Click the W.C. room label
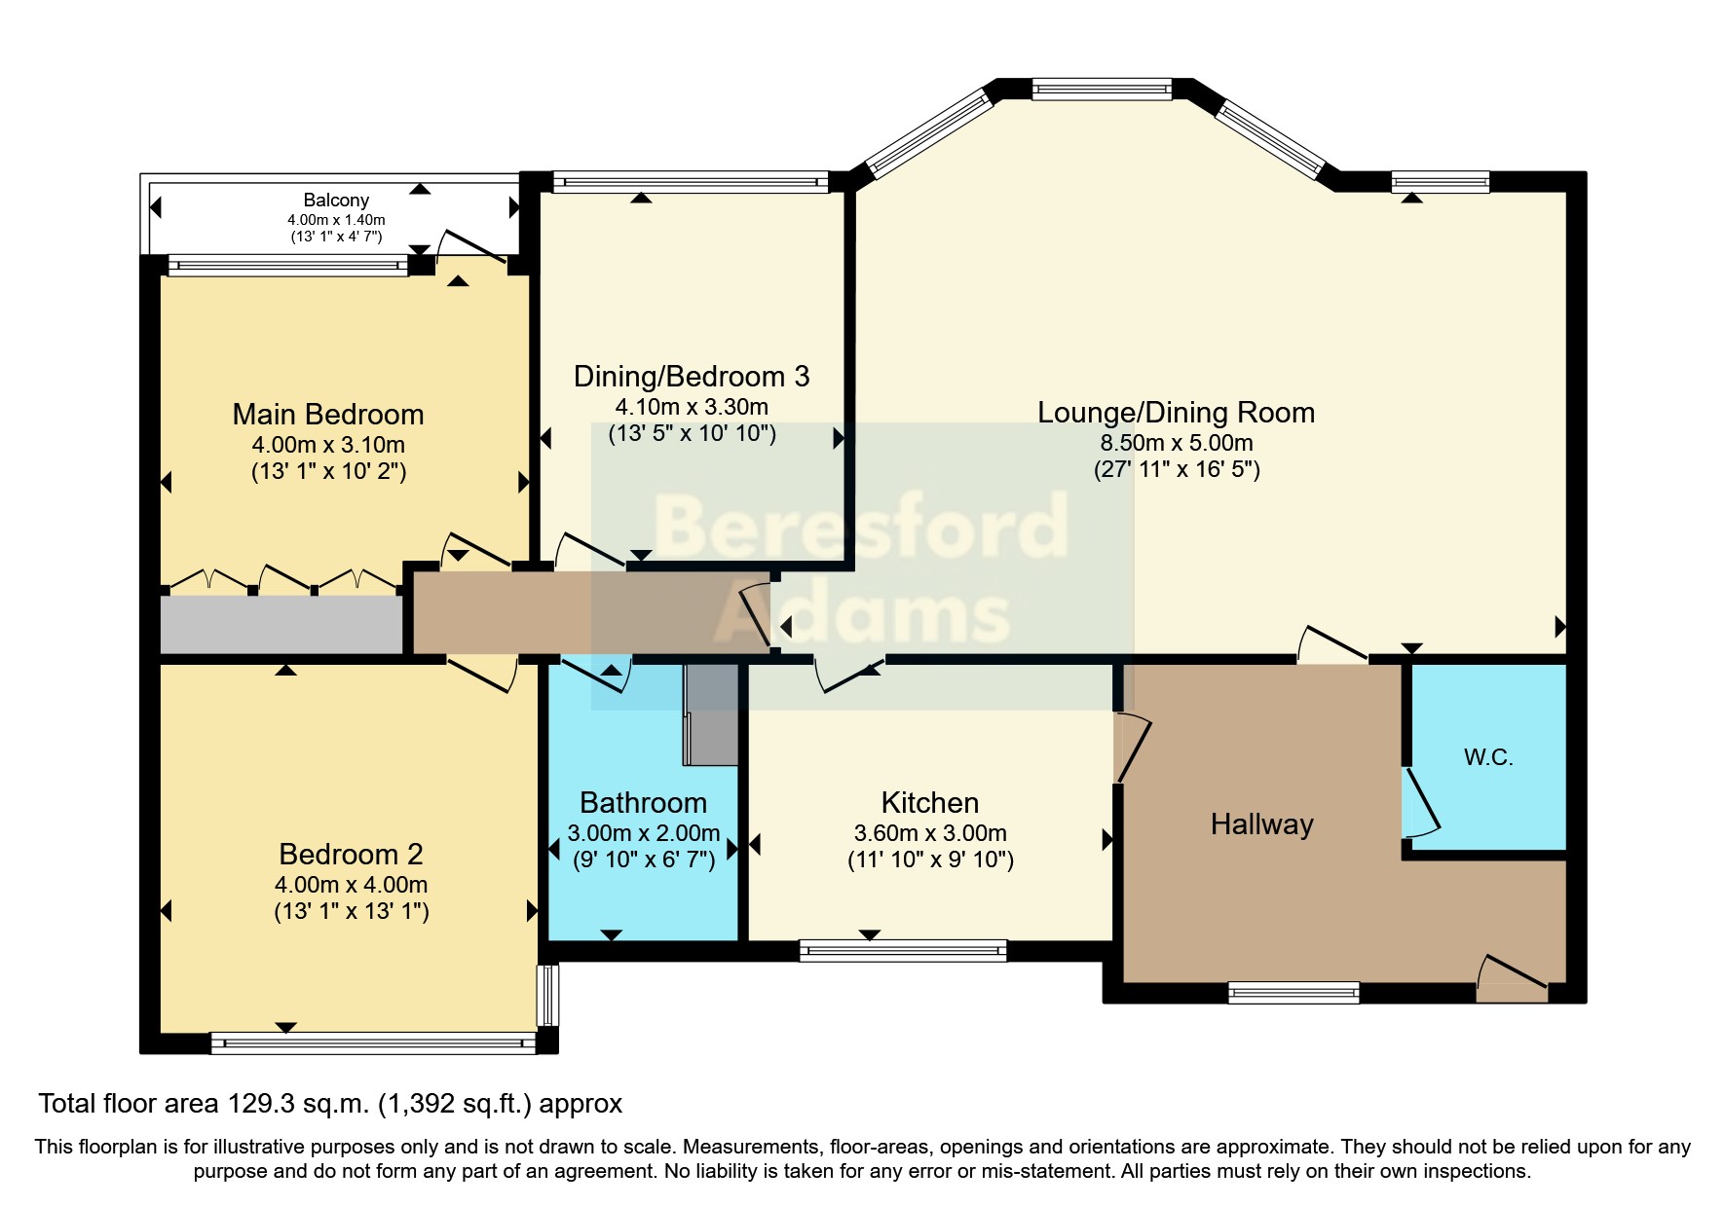tap(1488, 757)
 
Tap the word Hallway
tap(1261, 824)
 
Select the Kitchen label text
tap(930, 803)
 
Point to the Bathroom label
tap(643, 803)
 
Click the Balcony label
tap(336, 200)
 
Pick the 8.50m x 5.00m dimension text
tap(1177, 443)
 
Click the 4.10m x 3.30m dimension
tap(692, 407)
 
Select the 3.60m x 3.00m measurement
tap(930, 833)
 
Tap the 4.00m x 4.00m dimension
tap(351, 885)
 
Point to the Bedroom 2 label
tap(351, 855)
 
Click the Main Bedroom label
tap(328, 415)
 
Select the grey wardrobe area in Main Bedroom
tap(281, 625)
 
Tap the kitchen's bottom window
tap(903, 950)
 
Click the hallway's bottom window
tap(1294, 993)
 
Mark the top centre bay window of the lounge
tap(1102, 90)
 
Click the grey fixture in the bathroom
tap(710, 713)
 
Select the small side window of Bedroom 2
tap(549, 995)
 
